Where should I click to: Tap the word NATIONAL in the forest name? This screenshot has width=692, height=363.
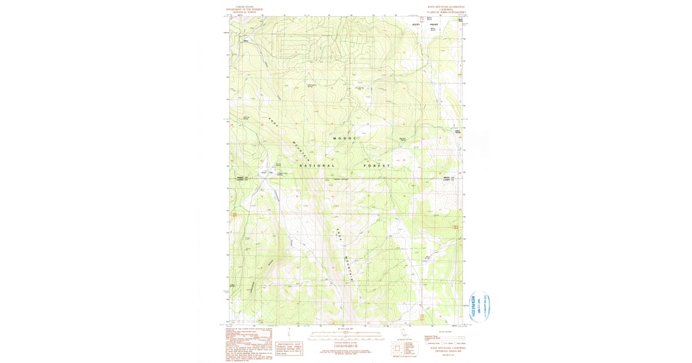pos(317,165)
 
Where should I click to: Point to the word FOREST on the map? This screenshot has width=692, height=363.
pos(377,165)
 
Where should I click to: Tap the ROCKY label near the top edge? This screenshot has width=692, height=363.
pos(417,25)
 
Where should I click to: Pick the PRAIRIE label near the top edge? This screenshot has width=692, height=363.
pos(434,25)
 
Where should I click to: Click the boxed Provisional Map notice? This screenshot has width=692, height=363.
pos(291,341)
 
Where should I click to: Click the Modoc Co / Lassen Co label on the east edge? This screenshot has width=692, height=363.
pos(449,179)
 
